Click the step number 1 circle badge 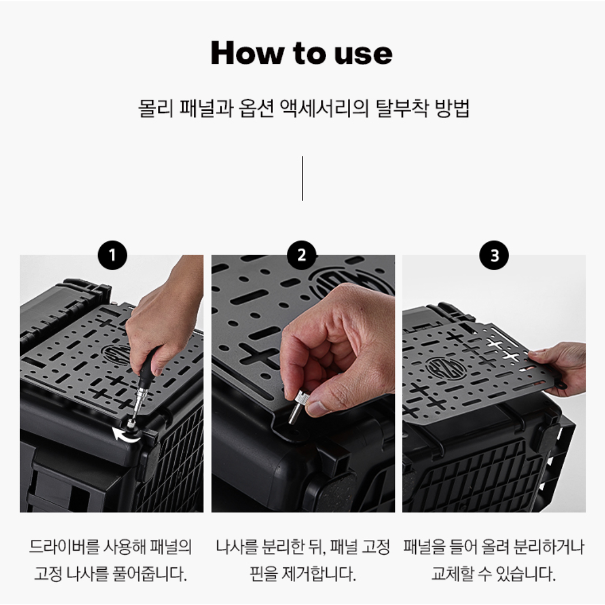(x=112, y=256)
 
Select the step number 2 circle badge (x=302, y=256)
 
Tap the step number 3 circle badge (x=494, y=256)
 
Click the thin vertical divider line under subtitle (x=302, y=178)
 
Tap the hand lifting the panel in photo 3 (x=560, y=367)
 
